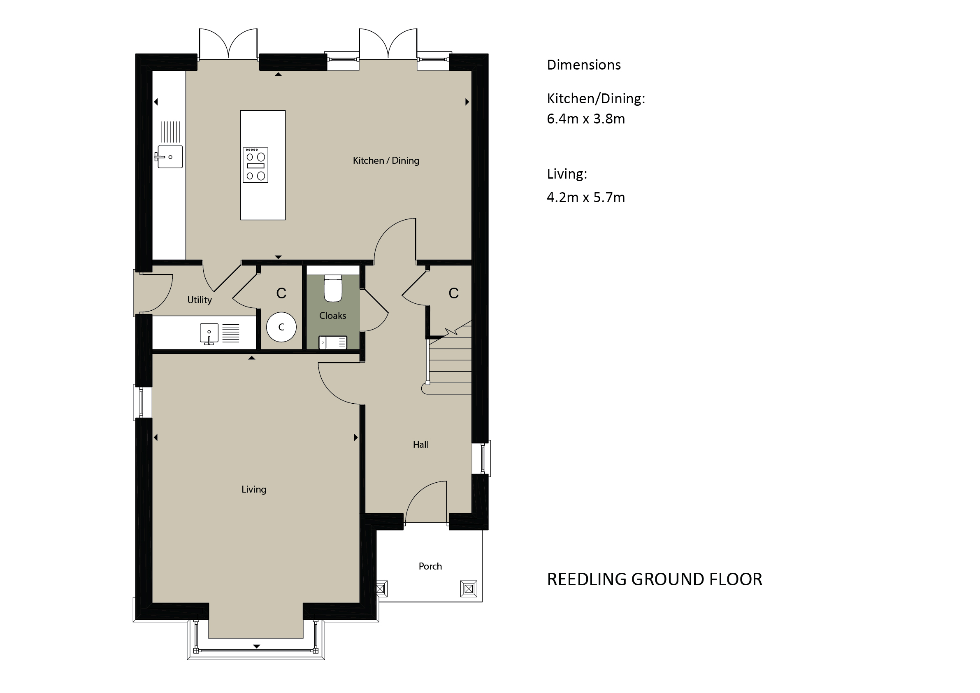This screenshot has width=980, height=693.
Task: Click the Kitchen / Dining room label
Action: coord(386,160)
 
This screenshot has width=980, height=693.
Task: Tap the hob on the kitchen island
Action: coord(255,165)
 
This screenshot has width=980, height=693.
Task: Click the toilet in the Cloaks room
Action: coord(333,288)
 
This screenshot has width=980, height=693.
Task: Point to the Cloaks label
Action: coord(332,316)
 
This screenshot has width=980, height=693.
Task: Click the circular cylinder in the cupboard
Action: coord(281,327)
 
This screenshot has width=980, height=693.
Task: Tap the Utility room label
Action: coord(199,300)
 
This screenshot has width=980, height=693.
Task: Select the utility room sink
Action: coord(209,333)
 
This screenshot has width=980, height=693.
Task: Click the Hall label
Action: coord(420,444)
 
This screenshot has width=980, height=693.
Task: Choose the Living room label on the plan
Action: coord(254,489)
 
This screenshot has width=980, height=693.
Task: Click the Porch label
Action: coord(430,566)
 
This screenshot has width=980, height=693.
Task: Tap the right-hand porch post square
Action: coord(469,589)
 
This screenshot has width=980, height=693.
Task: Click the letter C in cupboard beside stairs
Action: coord(453,293)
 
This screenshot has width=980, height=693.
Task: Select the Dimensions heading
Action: coord(584,65)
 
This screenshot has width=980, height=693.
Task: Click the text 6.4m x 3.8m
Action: coord(585,119)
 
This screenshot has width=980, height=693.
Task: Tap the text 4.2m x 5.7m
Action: coord(585,197)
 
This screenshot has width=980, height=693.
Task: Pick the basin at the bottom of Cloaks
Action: coord(333,342)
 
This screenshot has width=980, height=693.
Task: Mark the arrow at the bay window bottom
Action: coord(257,646)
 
